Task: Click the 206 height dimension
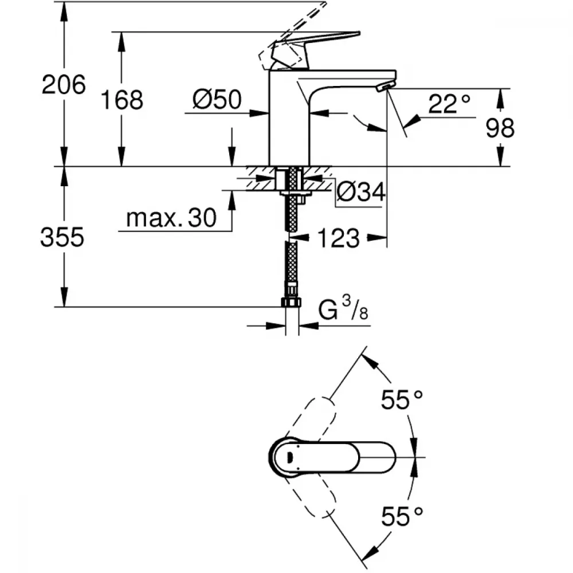pos(64,85)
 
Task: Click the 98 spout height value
pos(500,128)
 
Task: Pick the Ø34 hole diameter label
pos(360,193)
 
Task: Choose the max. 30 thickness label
pos(171,218)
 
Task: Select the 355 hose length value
pos(62,237)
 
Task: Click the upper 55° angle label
pos(403,400)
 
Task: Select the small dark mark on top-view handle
pos(289,457)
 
